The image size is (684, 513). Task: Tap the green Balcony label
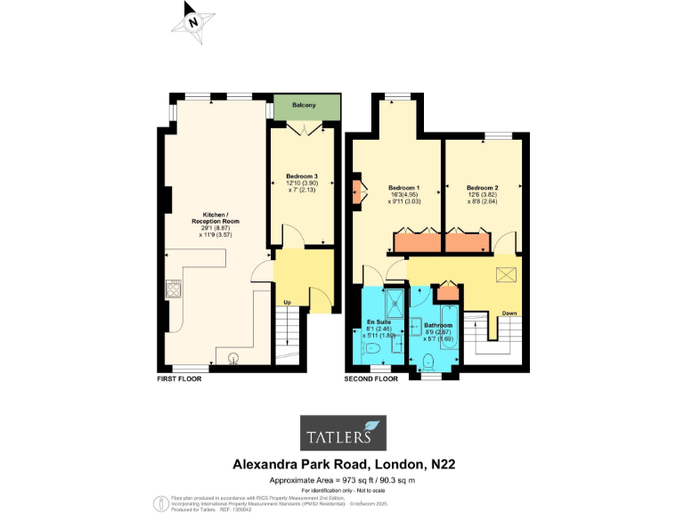click(x=305, y=106)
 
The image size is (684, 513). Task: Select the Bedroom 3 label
click(x=302, y=176)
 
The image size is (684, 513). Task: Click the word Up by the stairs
click(x=287, y=302)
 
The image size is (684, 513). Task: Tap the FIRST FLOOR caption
click(x=179, y=379)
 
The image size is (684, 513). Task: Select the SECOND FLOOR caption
click(x=370, y=379)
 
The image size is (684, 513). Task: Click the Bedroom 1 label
click(x=404, y=188)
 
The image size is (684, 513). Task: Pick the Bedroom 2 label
click(x=482, y=188)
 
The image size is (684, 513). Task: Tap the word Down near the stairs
click(x=509, y=313)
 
